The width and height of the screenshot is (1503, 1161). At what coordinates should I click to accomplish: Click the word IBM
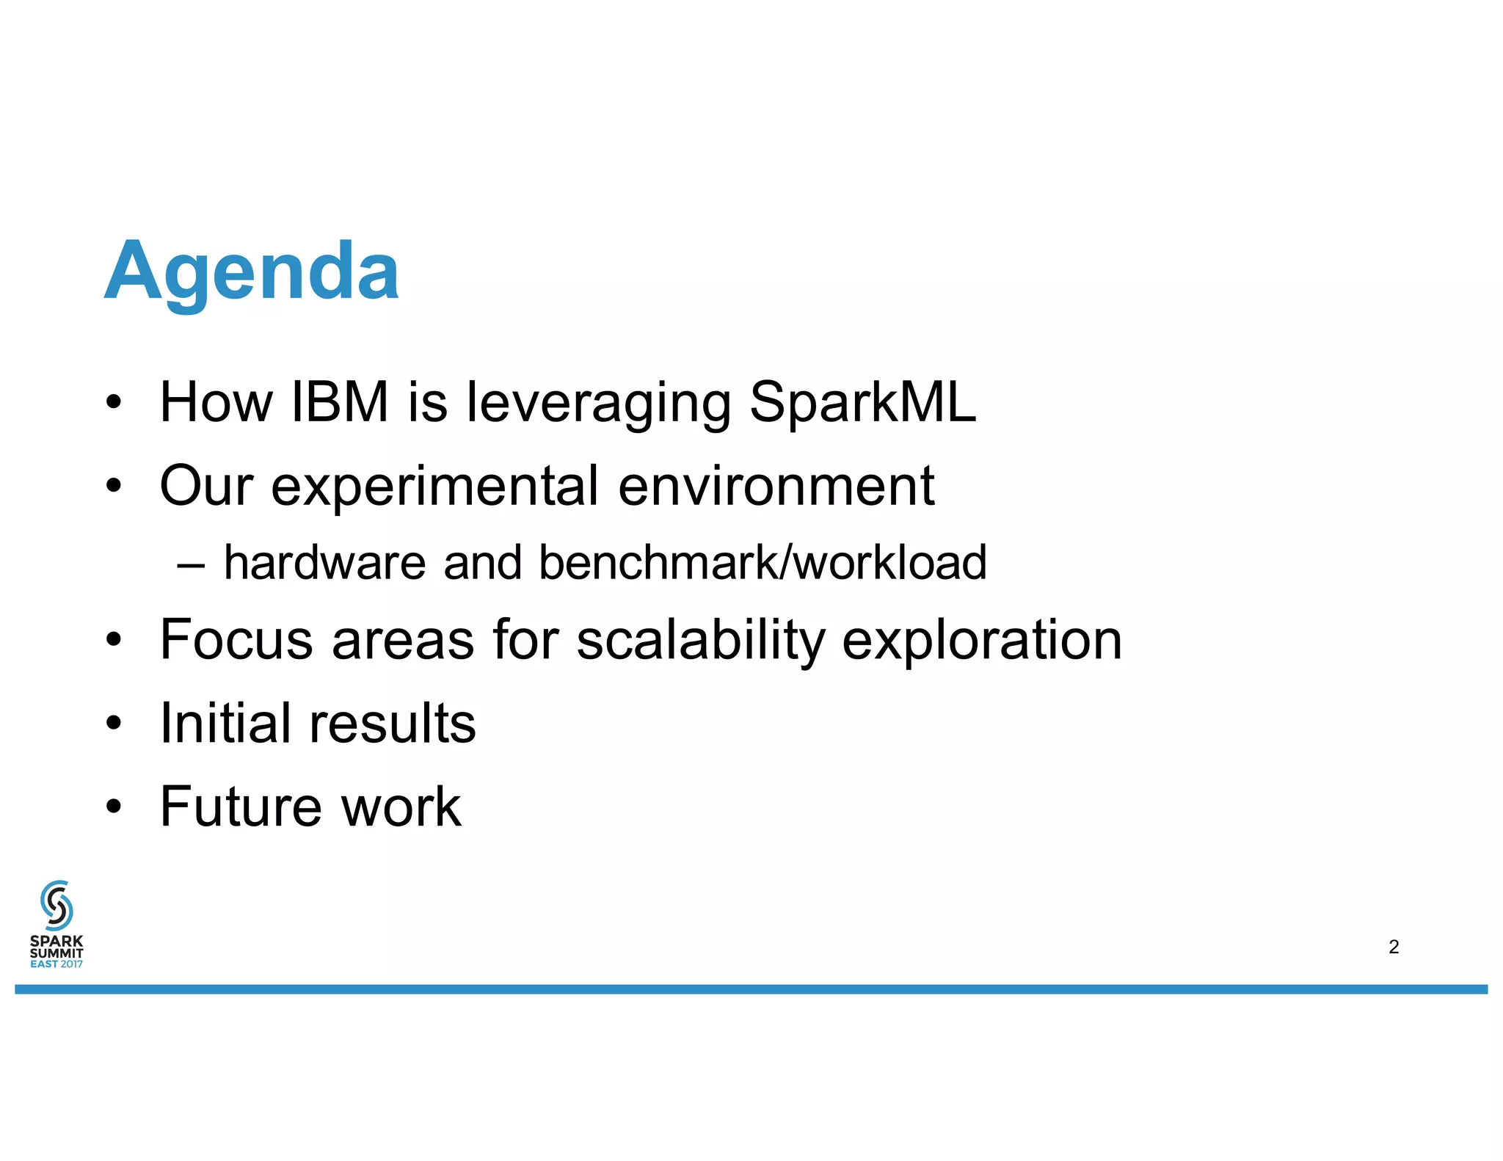coord(340,402)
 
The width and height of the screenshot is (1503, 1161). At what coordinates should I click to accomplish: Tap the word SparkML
coord(862,402)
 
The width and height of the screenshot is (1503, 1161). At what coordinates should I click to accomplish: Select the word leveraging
coord(599,404)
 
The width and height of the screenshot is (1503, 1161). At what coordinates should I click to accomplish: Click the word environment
coord(776,486)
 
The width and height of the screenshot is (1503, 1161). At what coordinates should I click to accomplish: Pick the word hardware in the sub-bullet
coord(324,563)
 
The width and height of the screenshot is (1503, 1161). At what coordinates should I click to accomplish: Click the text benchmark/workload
coord(763,563)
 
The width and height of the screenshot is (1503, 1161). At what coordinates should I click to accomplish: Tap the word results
coord(393,724)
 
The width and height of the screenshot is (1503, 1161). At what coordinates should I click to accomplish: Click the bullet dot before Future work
coord(113,807)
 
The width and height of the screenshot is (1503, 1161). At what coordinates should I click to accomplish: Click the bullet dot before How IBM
coord(113,402)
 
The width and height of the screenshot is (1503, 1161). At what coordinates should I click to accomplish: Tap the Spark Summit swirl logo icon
coord(57,906)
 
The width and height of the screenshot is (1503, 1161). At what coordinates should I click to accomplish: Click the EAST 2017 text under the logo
coord(57,964)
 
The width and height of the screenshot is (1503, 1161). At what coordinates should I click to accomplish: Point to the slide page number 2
coord(1394,947)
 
